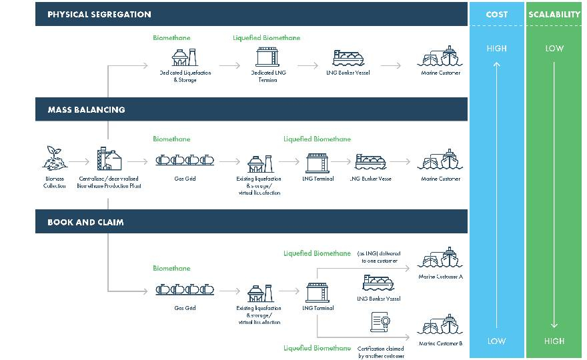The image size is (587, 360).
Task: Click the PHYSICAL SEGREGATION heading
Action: tap(99, 14)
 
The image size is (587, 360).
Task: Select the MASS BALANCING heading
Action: tap(86, 109)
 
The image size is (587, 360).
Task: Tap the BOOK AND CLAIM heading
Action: tap(85, 222)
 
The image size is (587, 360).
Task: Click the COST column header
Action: tap(497, 14)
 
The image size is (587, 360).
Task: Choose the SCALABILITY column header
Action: tap(554, 14)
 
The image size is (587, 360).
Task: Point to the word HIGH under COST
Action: tap(496, 48)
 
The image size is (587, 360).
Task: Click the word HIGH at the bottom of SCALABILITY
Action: tap(554, 341)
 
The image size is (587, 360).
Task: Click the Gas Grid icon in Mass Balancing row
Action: tap(185, 161)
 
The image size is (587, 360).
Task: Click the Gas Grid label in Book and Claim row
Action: tap(185, 309)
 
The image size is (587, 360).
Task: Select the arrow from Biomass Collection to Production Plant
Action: tap(79, 161)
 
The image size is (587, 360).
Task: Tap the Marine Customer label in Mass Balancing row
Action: tap(440, 179)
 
